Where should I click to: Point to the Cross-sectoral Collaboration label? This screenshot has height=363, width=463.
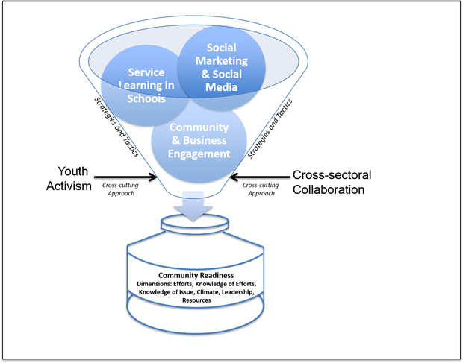(332, 183)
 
